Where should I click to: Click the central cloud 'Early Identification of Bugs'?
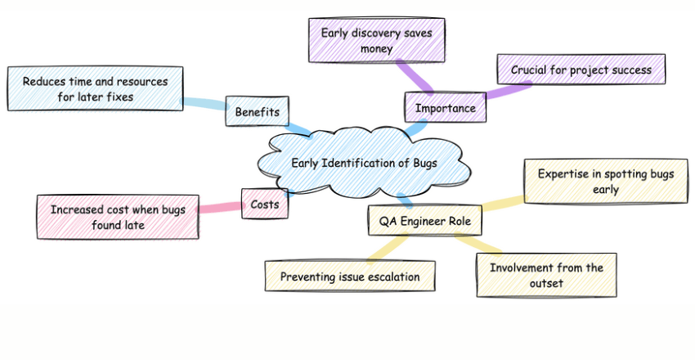(x=364, y=163)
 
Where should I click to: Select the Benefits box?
(x=257, y=111)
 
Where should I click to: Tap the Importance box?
(x=445, y=108)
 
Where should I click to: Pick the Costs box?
(x=265, y=204)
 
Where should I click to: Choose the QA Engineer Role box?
(x=424, y=220)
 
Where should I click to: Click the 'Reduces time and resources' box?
(x=95, y=89)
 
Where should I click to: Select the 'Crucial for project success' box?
(x=581, y=70)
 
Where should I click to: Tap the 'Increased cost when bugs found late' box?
(x=118, y=217)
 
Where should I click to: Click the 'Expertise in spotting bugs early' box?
(x=606, y=181)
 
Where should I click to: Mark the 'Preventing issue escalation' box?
(x=350, y=277)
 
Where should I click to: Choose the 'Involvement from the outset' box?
(x=546, y=275)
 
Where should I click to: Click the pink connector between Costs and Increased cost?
(x=220, y=209)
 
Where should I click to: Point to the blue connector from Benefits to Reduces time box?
(x=204, y=104)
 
